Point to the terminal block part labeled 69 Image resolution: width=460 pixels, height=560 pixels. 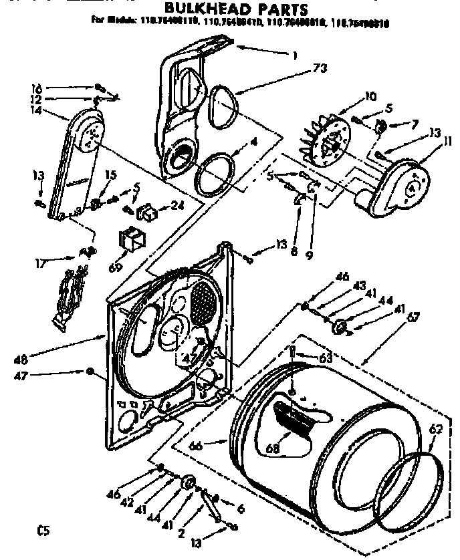(131, 239)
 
